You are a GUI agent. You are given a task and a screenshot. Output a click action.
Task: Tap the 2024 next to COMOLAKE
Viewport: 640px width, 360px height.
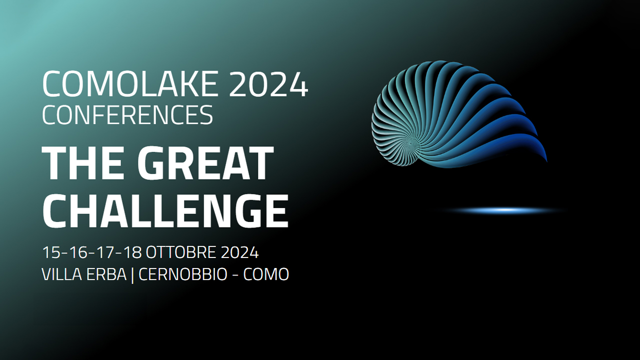click(268, 84)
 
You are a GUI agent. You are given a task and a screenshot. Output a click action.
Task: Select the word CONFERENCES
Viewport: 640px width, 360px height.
click(127, 114)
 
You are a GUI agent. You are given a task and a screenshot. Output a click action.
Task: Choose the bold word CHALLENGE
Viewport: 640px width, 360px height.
click(165, 211)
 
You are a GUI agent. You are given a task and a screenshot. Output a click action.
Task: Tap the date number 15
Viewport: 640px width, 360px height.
click(50, 252)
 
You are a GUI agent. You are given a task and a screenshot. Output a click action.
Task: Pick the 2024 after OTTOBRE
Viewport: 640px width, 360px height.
click(239, 252)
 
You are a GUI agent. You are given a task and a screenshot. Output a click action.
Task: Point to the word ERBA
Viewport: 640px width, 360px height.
click(106, 274)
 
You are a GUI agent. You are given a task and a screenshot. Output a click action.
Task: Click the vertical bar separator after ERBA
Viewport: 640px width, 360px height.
click(132, 275)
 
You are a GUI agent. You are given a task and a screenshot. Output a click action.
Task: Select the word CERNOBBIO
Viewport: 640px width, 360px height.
click(183, 274)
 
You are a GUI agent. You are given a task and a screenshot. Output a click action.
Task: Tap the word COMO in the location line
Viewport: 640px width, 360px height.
click(266, 274)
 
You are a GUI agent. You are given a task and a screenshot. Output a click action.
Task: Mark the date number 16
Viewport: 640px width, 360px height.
click(77, 252)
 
